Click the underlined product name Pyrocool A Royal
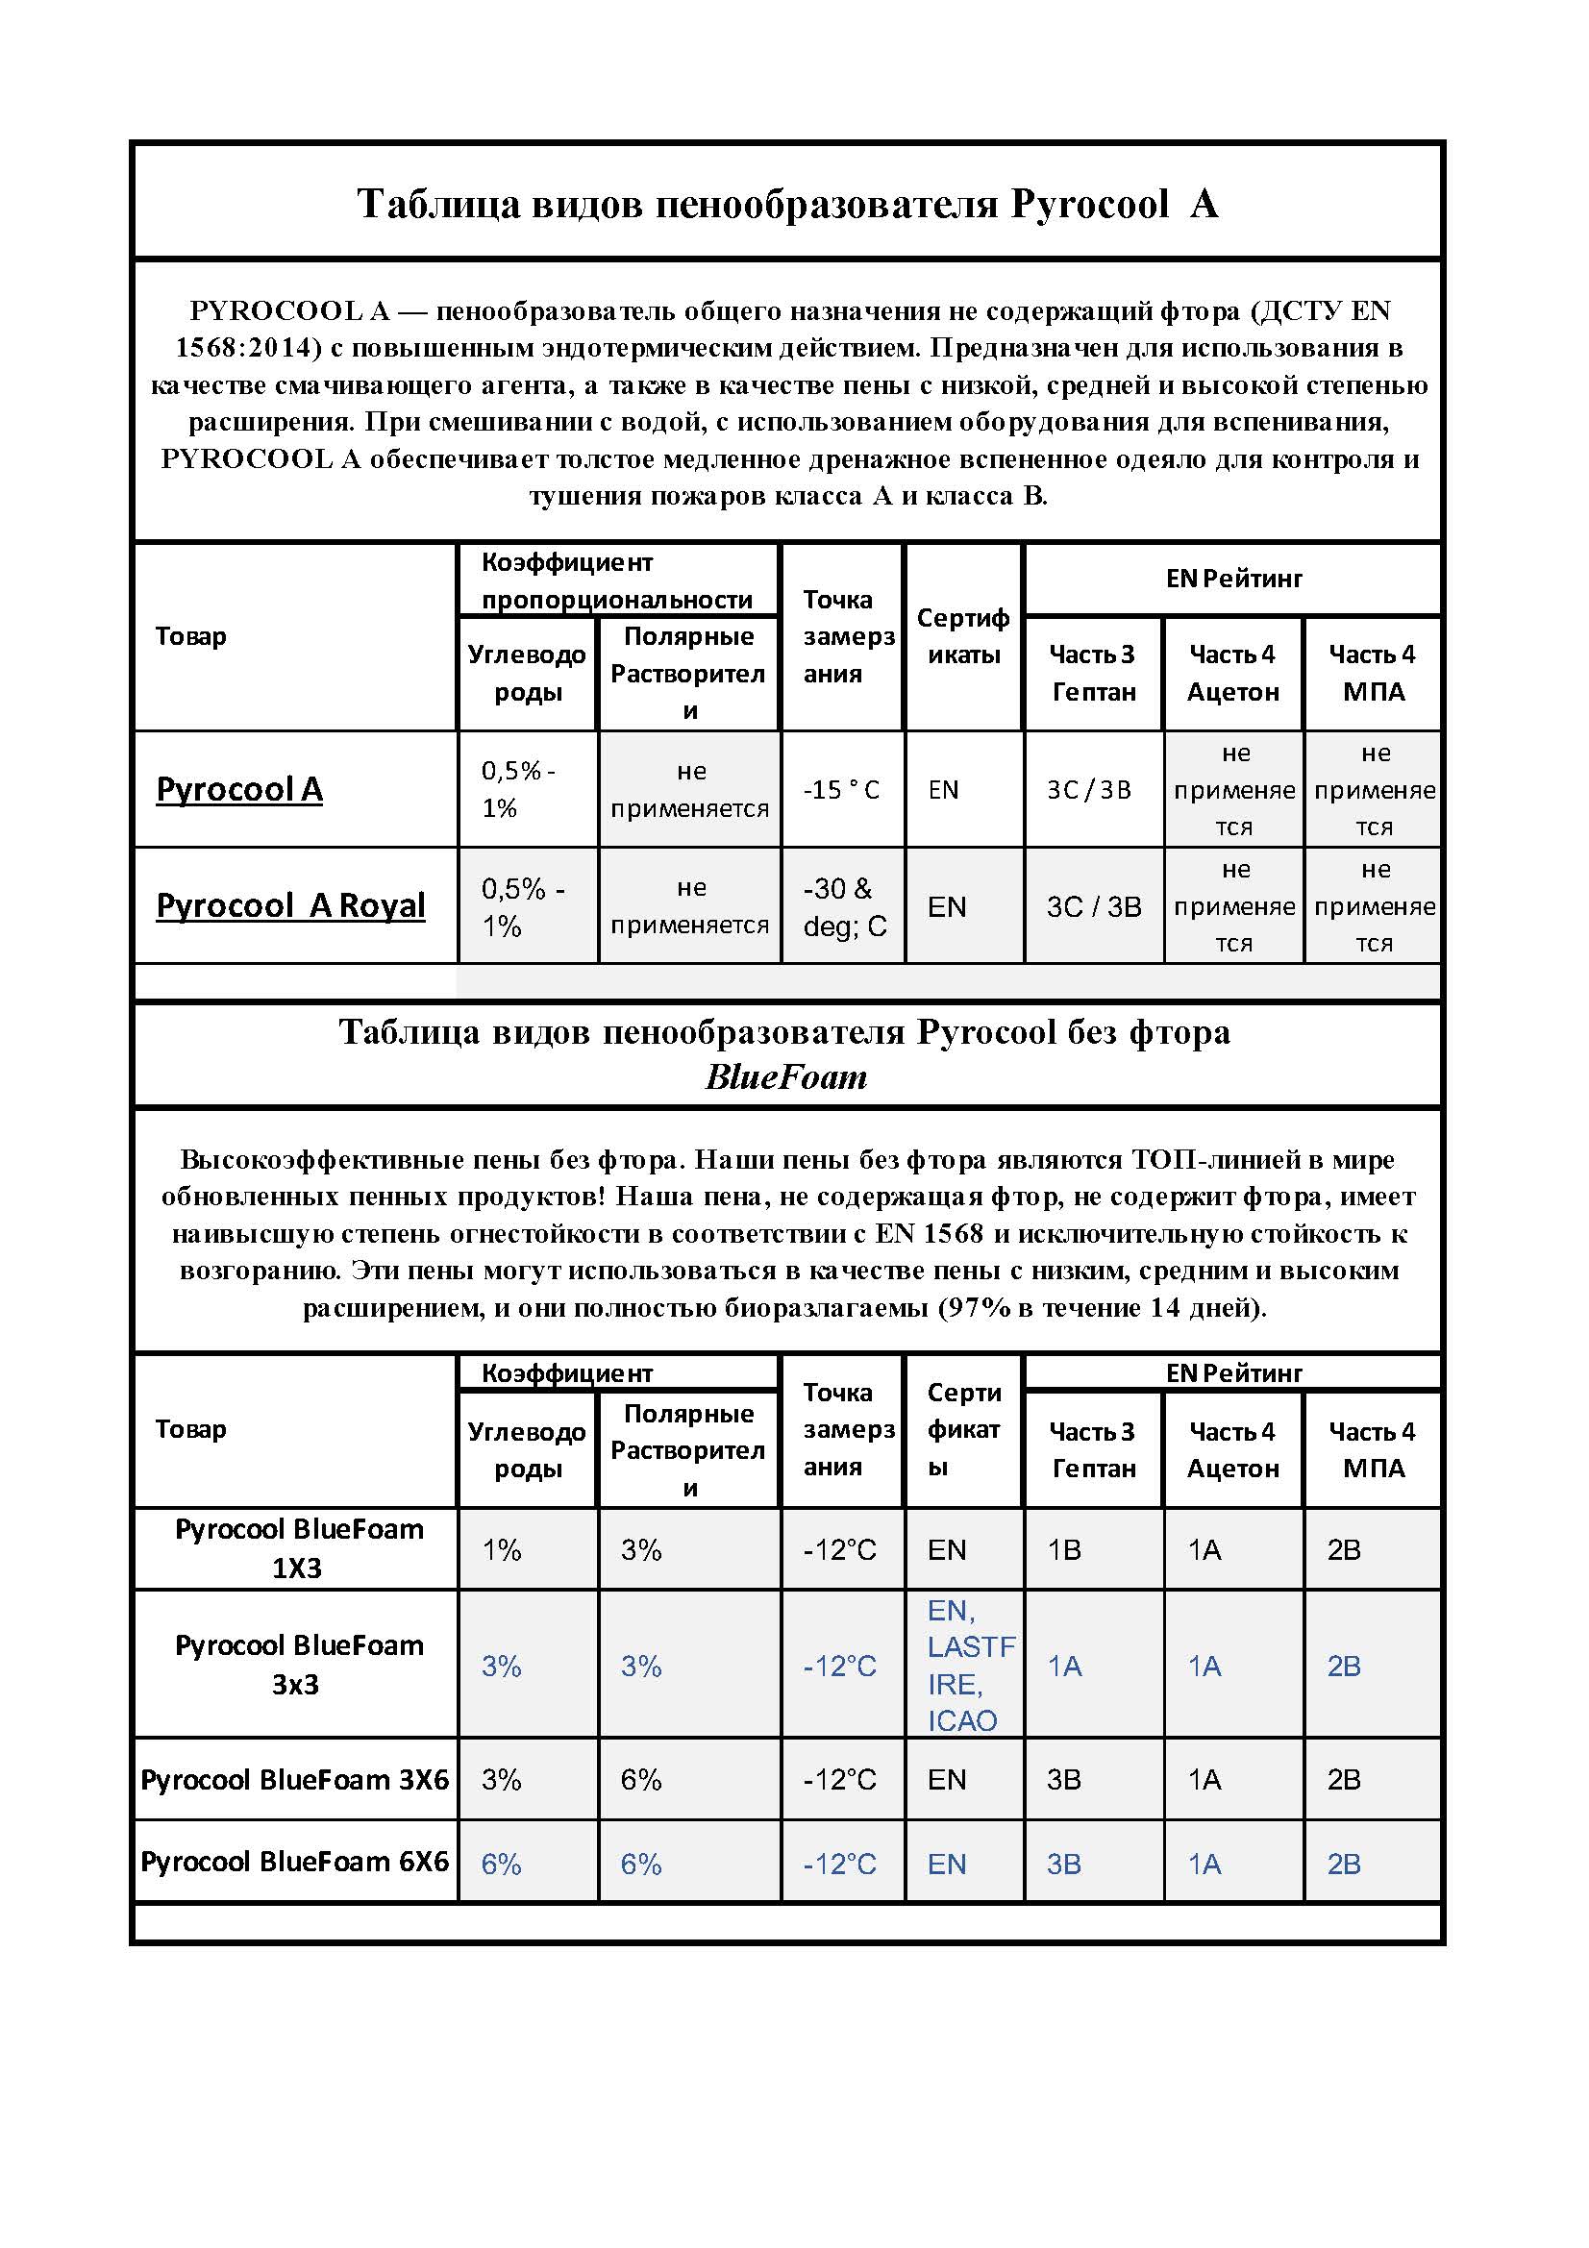coord(290,905)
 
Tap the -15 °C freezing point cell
coord(841,790)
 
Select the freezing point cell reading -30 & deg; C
coord(844,906)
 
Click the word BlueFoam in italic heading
coord(786,1078)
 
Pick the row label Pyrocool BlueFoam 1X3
coord(298,1548)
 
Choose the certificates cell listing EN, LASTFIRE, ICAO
coord(963,1665)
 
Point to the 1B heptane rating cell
coord(1064,1550)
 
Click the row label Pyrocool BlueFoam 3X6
coord(295,1779)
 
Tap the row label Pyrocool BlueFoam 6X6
coord(295,1862)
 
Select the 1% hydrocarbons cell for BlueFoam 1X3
coord(501,1550)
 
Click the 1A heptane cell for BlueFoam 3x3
coord(1064,1666)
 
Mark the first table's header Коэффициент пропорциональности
coord(617,581)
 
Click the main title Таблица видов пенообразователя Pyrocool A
coord(787,204)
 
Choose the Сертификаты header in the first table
coord(963,636)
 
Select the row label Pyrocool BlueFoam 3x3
coord(298,1665)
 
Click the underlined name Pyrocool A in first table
coord(239,789)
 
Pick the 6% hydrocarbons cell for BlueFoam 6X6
coord(501,1864)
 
